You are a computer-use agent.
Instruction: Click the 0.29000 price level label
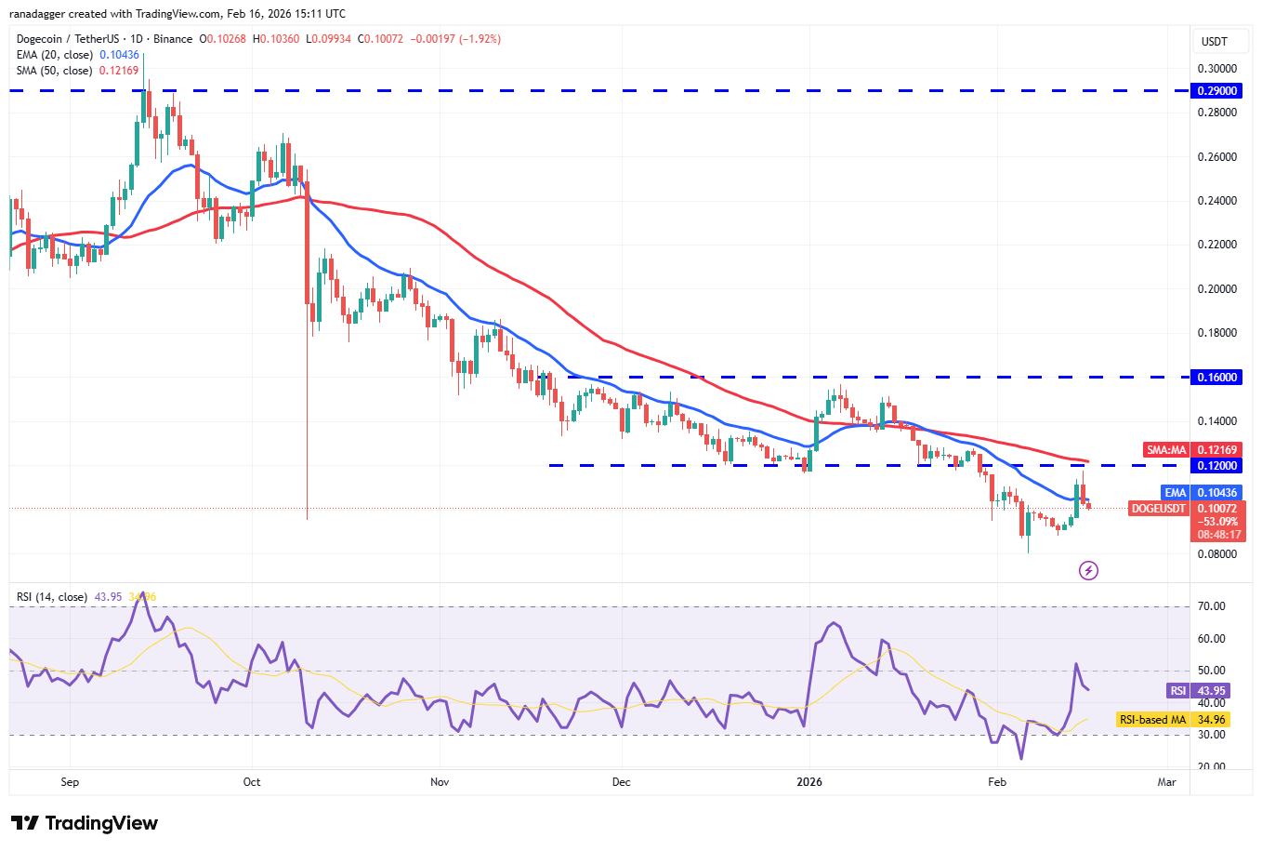click(1217, 91)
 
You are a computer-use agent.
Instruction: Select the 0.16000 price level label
click(1217, 378)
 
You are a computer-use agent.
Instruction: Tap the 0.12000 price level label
click(1217, 466)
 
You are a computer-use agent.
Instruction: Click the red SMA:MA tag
click(1166, 450)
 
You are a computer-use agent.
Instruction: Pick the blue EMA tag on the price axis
click(1176, 493)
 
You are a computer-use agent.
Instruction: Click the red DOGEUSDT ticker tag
click(1159, 509)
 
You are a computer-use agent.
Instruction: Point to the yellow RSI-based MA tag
click(1152, 720)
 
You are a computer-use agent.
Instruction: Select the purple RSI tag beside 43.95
click(1177, 691)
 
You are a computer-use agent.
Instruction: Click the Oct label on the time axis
click(252, 782)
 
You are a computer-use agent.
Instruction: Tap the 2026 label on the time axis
click(809, 782)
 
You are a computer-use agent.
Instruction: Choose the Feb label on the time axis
click(997, 782)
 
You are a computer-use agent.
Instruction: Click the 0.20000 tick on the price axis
click(1216, 289)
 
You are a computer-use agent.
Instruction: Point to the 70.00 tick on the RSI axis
click(1212, 606)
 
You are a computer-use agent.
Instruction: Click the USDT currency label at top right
click(1215, 42)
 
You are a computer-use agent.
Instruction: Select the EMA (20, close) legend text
click(54, 55)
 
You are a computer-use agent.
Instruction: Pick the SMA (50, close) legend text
click(54, 71)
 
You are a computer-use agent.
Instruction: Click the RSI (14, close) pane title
click(52, 597)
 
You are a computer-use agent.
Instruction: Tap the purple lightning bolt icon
click(1088, 570)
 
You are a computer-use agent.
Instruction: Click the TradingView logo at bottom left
click(85, 823)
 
